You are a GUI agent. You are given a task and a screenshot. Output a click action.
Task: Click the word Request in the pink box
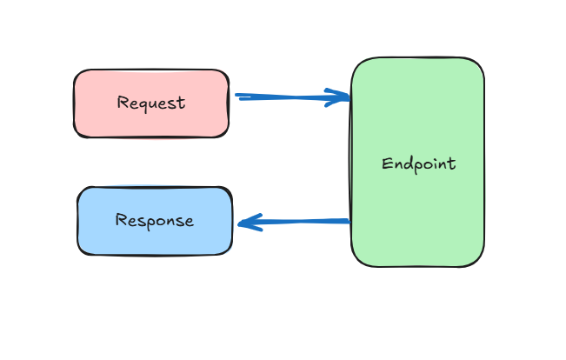tap(151, 103)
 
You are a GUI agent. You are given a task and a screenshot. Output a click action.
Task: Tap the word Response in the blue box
tap(155, 220)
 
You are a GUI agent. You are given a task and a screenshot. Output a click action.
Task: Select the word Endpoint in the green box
tap(418, 163)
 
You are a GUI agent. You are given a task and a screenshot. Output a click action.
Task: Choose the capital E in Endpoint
tap(387, 163)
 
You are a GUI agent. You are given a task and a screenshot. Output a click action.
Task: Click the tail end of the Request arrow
tap(237, 97)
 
